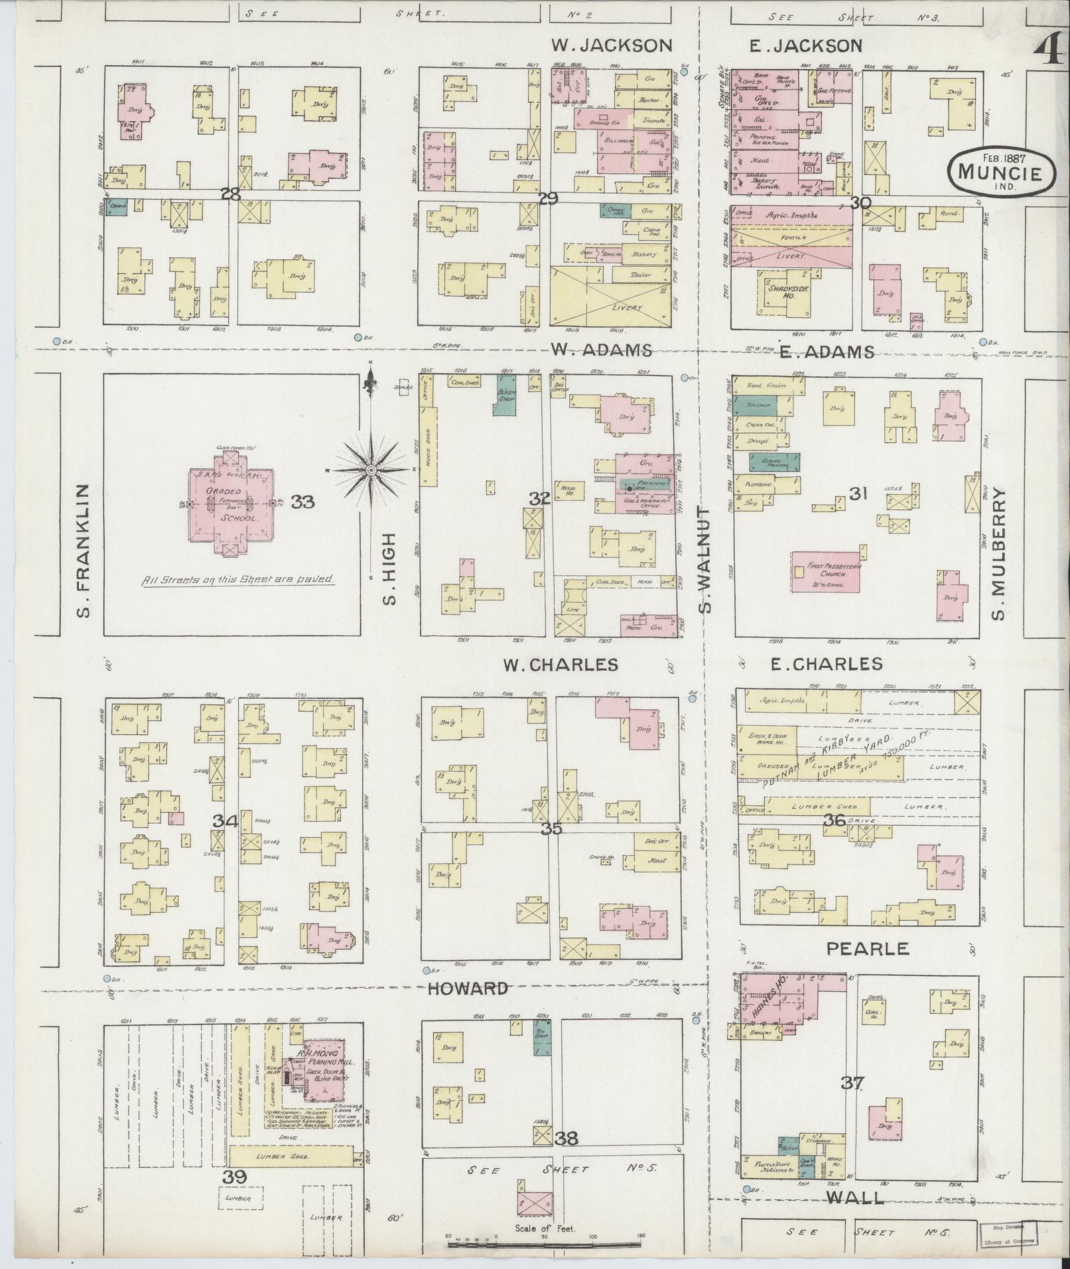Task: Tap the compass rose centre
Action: click(371, 470)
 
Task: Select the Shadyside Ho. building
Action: click(785, 293)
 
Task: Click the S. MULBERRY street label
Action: click(1000, 555)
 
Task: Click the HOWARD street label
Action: click(467, 988)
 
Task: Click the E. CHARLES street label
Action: click(827, 663)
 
